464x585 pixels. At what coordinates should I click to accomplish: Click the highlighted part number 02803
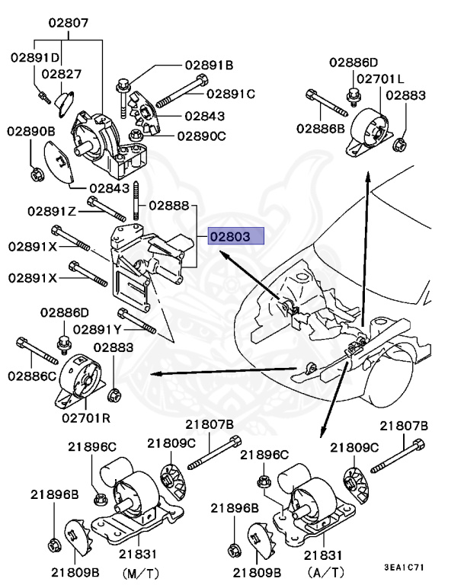tap(230, 237)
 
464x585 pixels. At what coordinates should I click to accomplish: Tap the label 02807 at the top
tap(69, 23)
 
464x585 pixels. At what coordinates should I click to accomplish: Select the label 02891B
tap(209, 66)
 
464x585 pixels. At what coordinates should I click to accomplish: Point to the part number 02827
tap(61, 74)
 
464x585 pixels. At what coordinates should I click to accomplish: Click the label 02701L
tap(380, 78)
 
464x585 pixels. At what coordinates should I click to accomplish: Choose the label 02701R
tap(86, 417)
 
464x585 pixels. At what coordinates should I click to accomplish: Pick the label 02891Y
tap(97, 329)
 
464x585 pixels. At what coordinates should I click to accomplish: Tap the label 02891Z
tap(52, 212)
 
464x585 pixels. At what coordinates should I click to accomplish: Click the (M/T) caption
tap(140, 573)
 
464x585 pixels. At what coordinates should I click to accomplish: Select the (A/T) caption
tap(325, 572)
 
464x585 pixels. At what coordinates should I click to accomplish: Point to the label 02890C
tap(202, 136)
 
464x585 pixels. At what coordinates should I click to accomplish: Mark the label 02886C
tap(32, 376)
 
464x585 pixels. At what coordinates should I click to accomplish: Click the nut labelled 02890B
tap(37, 174)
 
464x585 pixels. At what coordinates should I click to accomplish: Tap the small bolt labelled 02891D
tap(44, 97)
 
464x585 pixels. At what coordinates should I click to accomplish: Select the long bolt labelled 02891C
tap(182, 91)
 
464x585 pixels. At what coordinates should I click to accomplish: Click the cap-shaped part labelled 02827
tap(64, 103)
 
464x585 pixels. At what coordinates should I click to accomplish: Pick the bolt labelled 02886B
tap(327, 103)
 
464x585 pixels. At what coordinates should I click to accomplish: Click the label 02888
tap(169, 206)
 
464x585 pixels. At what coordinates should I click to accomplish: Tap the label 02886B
tap(321, 128)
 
